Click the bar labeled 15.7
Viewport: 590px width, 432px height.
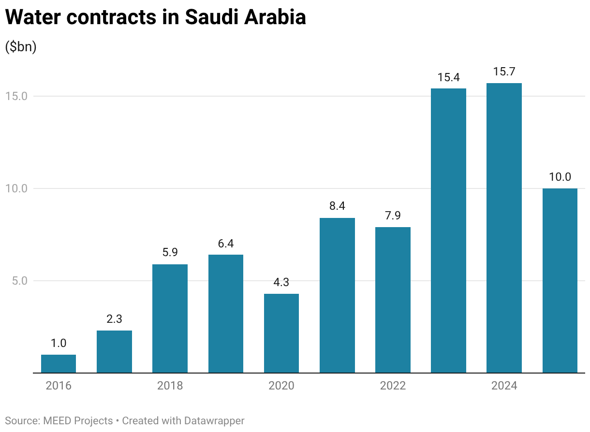coord(504,228)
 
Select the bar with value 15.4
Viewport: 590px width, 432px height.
coord(448,230)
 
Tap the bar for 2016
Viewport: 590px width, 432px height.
coord(59,363)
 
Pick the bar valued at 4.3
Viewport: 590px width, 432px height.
coord(281,333)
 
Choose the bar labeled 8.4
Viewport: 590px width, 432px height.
coord(337,295)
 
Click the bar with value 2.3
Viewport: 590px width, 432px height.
coord(114,351)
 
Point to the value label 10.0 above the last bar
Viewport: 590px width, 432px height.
coord(560,177)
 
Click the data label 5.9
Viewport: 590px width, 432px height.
coord(170,252)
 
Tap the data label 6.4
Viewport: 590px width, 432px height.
coord(225,243)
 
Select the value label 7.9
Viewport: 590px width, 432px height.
coord(393,216)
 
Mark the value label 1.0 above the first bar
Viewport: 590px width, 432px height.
coord(59,343)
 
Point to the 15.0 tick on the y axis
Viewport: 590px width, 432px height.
coord(16,96)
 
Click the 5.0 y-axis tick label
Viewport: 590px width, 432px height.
coord(19,281)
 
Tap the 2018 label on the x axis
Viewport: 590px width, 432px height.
coord(170,386)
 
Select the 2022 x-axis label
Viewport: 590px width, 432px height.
coord(393,386)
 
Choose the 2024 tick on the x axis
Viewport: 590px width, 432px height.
coord(504,386)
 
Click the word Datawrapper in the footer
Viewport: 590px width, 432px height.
coord(214,421)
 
